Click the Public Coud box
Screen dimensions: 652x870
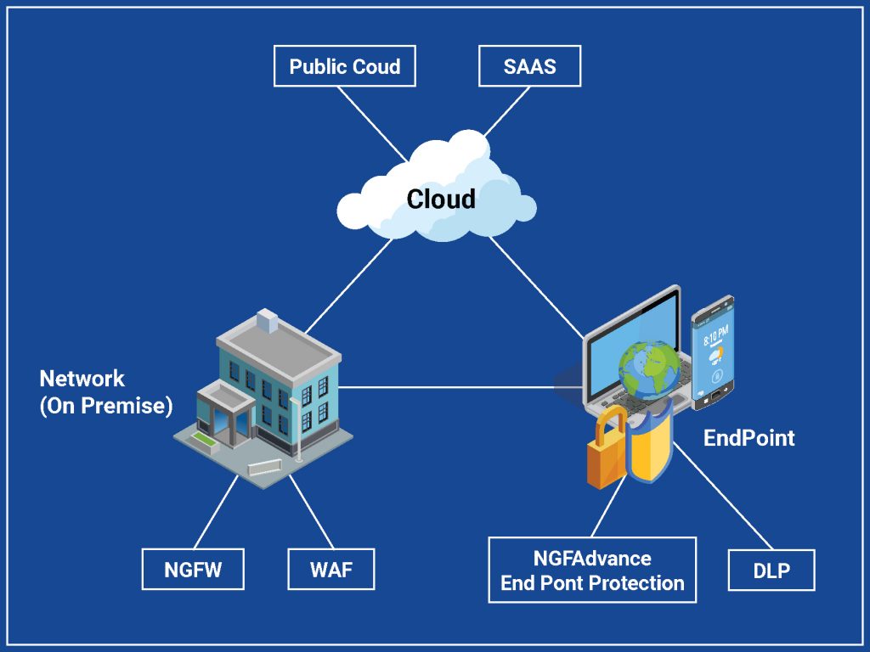(x=344, y=66)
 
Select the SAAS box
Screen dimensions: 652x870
(x=529, y=66)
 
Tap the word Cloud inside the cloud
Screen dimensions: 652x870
(x=441, y=199)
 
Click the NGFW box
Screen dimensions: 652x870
(x=193, y=569)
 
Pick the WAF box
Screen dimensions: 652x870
(x=330, y=569)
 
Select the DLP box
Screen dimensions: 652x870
(x=771, y=570)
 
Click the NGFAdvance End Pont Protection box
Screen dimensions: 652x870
(x=592, y=570)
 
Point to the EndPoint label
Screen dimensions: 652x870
(x=749, y=438)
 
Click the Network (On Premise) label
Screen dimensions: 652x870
(x=105, y=392)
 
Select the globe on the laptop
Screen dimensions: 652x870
(x=650, y=370)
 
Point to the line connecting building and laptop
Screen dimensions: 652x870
(x=450, y=388)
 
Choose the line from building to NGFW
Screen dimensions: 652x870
(x=216, y=513)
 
